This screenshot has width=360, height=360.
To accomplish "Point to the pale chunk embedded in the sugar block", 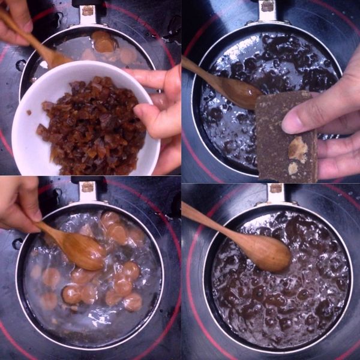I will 298,148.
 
